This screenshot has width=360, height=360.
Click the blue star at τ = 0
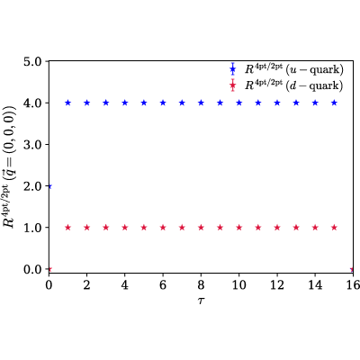point(50,186)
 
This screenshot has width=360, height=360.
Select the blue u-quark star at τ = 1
point(67,103)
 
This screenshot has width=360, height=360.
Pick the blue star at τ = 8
point(201,103)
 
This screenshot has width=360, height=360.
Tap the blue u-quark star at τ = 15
point(334,103)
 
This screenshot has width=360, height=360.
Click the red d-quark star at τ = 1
point(67,228)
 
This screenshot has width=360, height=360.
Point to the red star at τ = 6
point(163,228)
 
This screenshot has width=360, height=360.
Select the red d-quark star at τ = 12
point(277,228)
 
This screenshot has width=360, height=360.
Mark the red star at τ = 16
point(352,269)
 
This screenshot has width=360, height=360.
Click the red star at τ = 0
point(50,269)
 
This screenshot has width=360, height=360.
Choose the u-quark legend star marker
point(232,70)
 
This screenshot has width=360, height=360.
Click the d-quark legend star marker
point(232,85)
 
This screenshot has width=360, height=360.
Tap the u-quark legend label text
point(294,69)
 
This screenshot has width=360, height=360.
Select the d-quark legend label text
point(294,85)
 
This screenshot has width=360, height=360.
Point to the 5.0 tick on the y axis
point(33,61)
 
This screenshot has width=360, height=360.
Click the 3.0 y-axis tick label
point(33,145)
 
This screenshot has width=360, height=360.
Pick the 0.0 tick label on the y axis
point(33,269)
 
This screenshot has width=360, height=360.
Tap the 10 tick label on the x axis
point(239,284)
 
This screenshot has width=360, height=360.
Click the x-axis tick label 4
point(125,284)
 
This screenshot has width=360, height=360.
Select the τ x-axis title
point(201,301)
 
